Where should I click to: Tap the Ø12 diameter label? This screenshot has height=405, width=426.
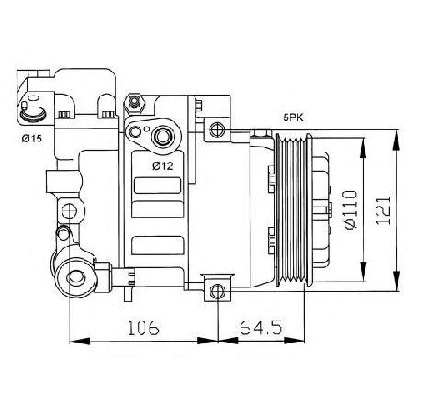point(163,165)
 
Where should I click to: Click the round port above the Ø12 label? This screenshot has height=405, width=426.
point(163,137)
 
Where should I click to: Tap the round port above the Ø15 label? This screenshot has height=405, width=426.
point(35,114)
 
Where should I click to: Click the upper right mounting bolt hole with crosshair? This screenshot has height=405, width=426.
point(217,128)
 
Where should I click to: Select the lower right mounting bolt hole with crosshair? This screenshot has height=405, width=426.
point(218,292)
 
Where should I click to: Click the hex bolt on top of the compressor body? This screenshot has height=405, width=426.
point(134,99)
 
